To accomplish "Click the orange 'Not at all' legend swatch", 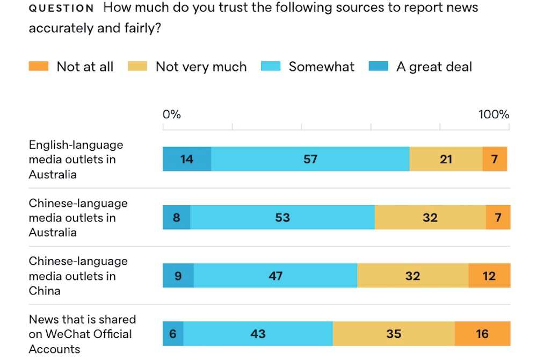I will [39, 67].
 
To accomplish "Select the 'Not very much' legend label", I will [201, 67].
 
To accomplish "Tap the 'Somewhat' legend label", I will [321, 67].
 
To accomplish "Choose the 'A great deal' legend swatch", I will [379, 67].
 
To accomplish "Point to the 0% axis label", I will [172, 114].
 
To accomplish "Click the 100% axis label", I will [494, 114].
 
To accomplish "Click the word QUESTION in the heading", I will [61, 9].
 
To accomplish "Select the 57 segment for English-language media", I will [310, 159].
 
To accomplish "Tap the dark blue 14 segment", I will [187, 159].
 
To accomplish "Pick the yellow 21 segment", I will [446, 159].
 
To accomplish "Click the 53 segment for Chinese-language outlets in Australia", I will [282, 218].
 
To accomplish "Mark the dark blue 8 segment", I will [177, 218].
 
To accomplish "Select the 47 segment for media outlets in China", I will [275, 276].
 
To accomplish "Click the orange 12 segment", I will [489, 276].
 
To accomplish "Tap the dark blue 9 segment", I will [178, 276].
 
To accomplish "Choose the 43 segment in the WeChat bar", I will [258, 334].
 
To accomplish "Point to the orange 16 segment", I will [482, 334].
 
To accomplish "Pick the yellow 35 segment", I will [394, 334].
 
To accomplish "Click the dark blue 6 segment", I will [173, 334].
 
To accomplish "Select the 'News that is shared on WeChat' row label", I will [82, 334].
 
